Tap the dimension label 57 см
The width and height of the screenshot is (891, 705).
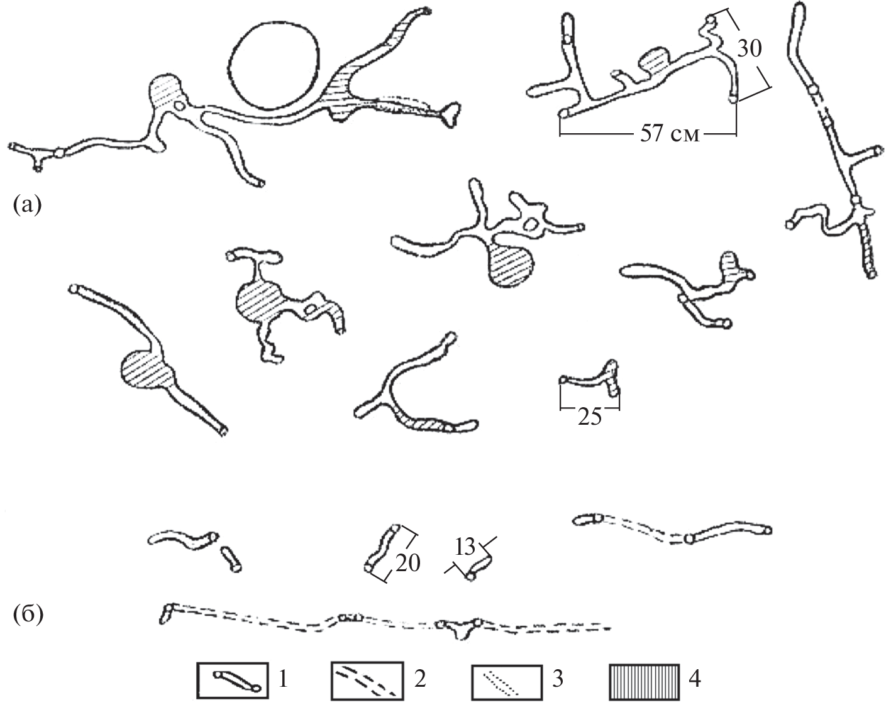(x=670, y=134)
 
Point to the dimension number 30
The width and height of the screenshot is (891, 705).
(x=749, y=49)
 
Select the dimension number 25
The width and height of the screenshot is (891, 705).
(x=590, y=417)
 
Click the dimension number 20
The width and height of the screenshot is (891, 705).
(x=408, y=563)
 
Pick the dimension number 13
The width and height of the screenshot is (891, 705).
(x=465, y=548)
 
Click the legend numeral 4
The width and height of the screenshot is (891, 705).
(x=695, y=679)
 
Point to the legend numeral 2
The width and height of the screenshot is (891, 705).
(x=420, y=679)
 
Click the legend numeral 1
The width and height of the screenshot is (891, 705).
(x=283, y=679)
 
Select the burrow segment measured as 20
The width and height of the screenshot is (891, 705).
(x=382, y=549)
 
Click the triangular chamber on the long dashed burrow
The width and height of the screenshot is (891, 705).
(x=460, y=630)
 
